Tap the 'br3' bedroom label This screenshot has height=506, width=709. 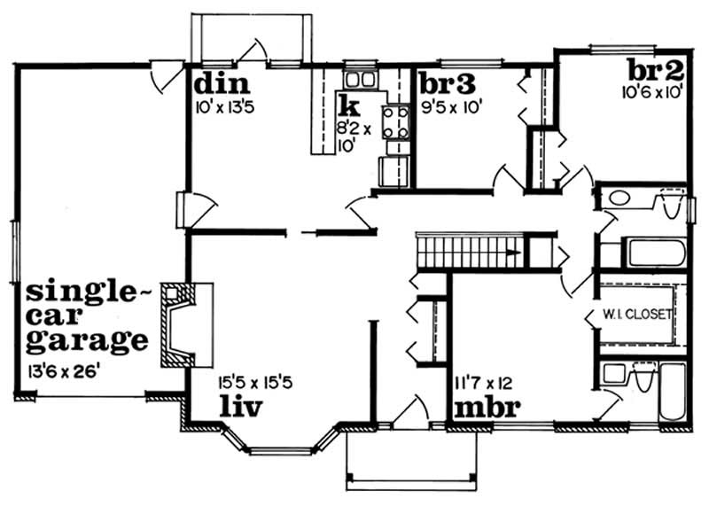click(448, 84)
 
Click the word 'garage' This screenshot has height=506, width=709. click(87, 340)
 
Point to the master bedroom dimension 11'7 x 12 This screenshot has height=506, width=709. click(484, 385)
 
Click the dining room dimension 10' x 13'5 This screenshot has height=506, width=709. click(227, 111)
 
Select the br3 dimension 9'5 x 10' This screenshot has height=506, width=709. click(452, 111)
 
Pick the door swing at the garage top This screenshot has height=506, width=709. click(166, 79)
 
